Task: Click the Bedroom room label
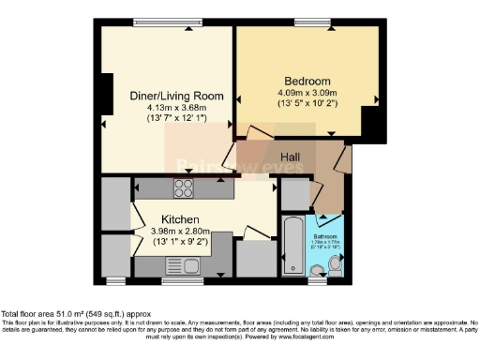click(x=300, y=81)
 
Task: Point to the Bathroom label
click(x=325, y=235)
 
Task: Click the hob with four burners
click(x=183, y=187)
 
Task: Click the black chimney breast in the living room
click(x=107, y=95)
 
